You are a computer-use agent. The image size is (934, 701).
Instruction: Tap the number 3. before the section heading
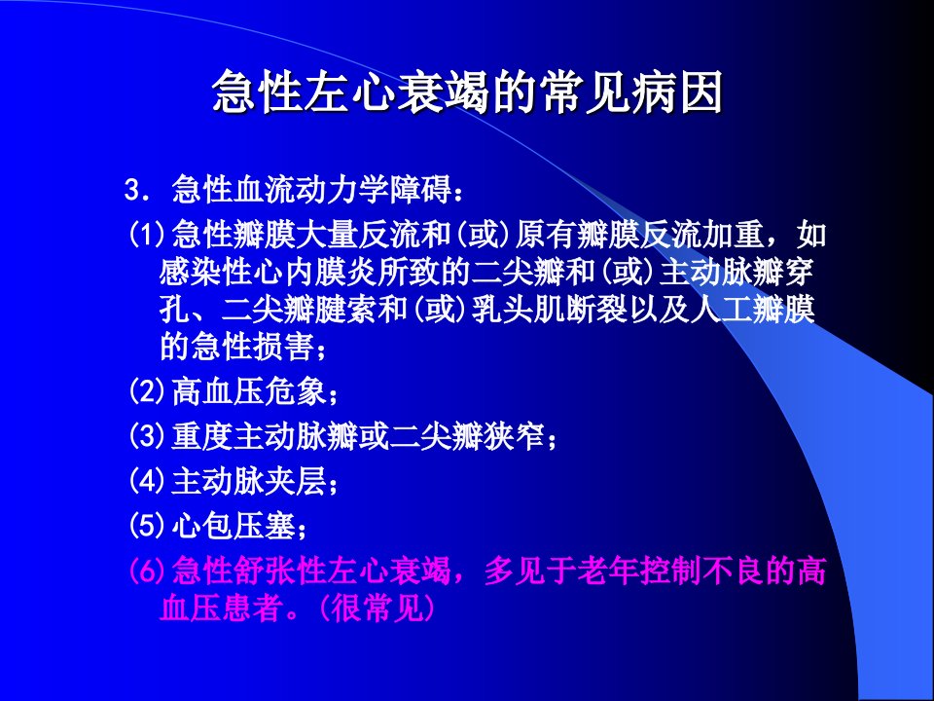click(135, 190)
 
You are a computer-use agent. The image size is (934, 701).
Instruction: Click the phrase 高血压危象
click(248, 391)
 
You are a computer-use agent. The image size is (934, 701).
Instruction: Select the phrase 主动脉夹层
click(248, 480)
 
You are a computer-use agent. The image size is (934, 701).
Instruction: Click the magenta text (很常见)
click(377, 608)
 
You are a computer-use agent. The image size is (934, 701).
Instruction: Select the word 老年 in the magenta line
click(607, 571)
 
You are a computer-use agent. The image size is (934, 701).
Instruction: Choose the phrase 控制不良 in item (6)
click(700, 571)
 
